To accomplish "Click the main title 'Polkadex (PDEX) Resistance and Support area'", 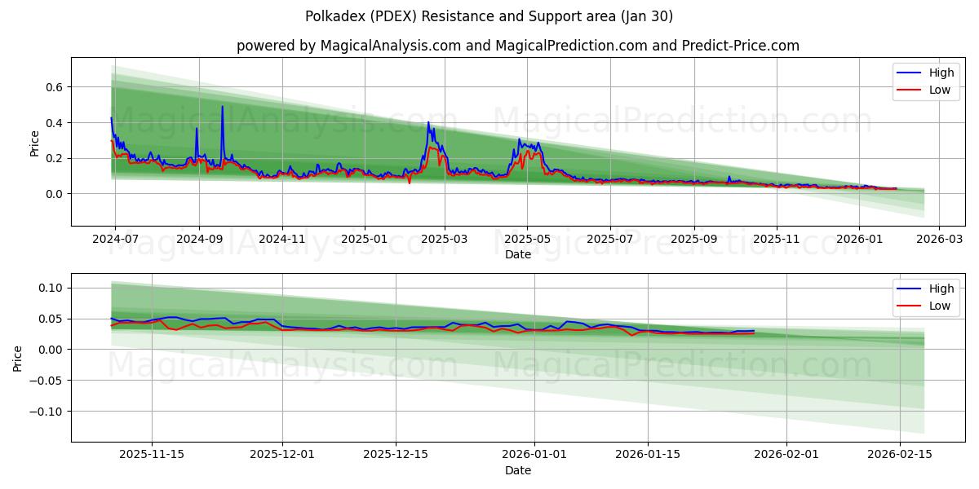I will [489, 16].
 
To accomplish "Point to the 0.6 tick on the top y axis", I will [54, 87].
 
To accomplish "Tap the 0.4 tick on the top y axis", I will [54, 123].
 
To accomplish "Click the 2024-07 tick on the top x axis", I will [115, 240].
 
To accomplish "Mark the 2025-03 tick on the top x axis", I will [445, 240].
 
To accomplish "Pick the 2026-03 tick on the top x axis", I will [939, 240].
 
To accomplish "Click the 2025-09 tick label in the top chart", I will [694, 240].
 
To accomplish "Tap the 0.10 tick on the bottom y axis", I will [51, 288].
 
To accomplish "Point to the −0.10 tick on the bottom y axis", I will [47, 411].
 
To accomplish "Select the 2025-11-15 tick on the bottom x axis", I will [152, 455].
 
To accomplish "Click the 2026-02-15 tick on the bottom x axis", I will [900, 455].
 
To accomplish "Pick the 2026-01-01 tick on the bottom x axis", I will [534, 455].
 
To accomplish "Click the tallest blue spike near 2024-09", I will [222, 107].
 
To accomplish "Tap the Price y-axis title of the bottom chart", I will [19, 357].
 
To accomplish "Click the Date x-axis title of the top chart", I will [517, 254].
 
